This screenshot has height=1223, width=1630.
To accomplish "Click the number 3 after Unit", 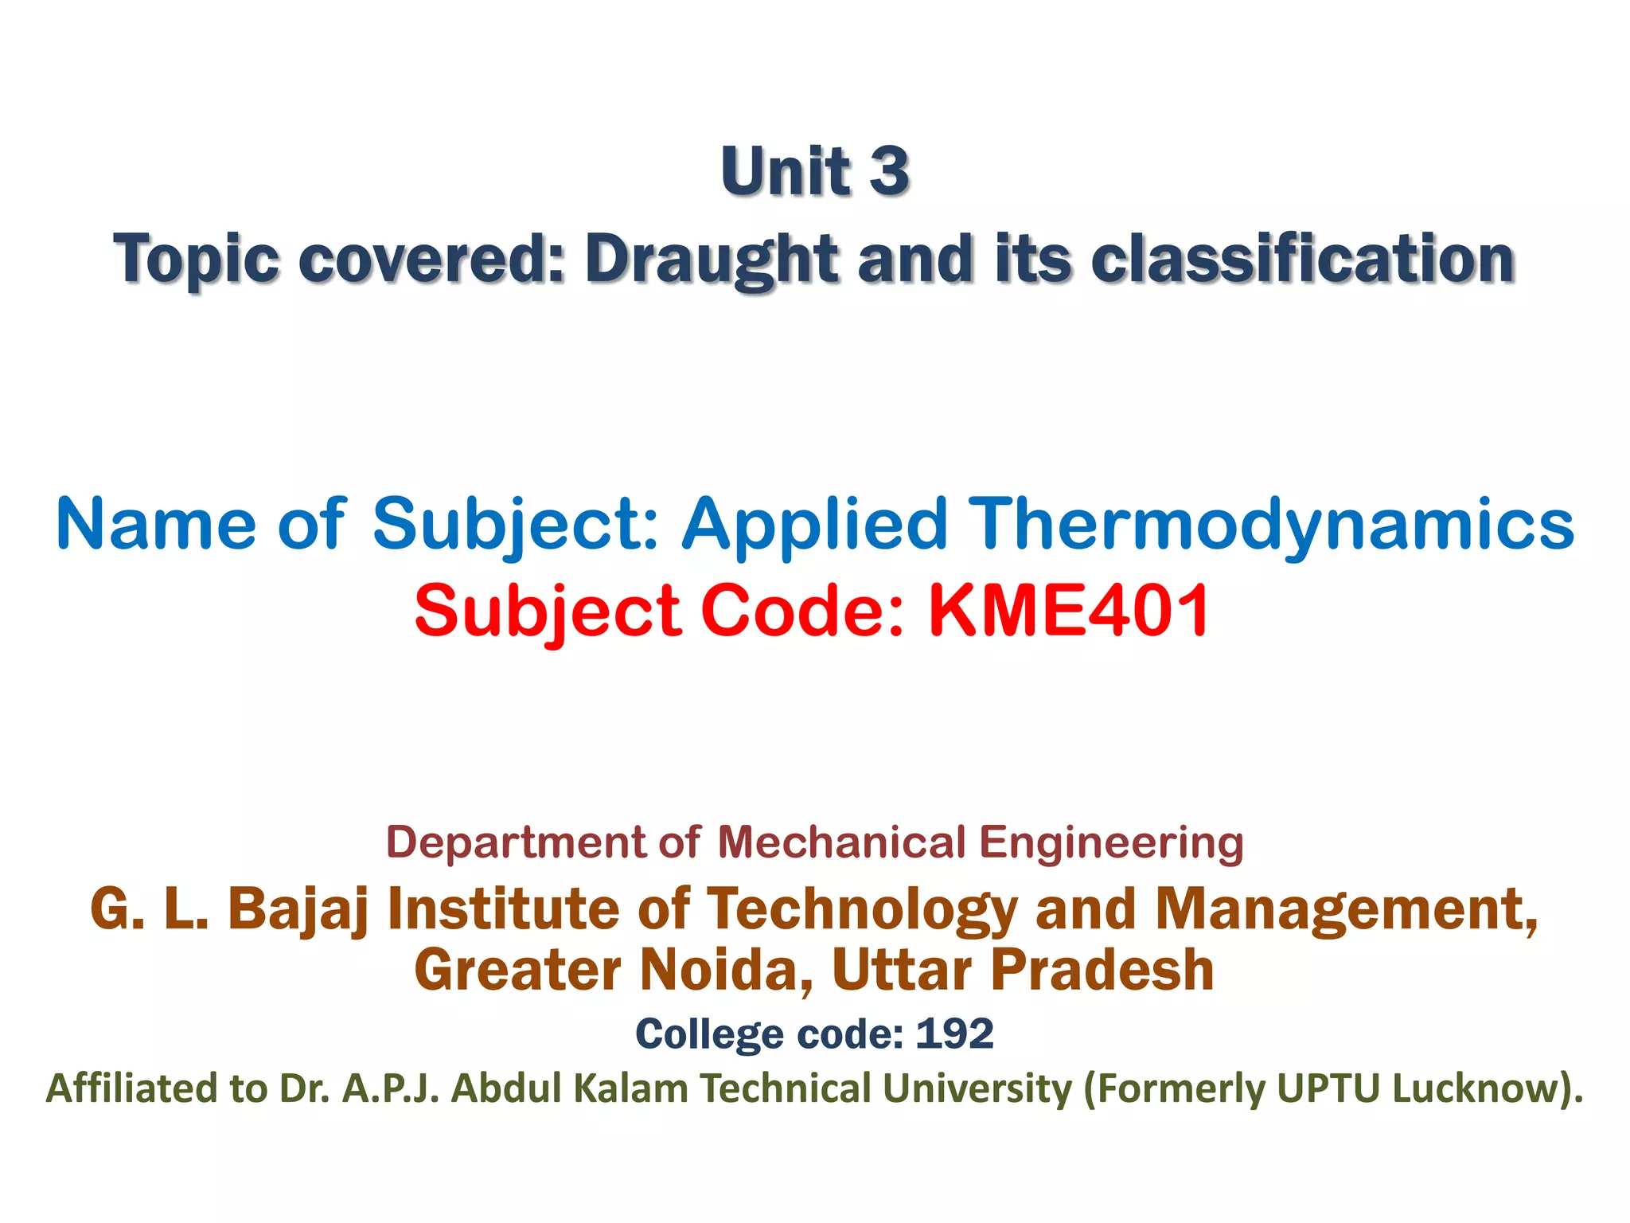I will pos(888,171).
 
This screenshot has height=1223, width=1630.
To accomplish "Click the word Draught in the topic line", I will pos(712,260).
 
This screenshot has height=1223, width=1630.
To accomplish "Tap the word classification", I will pos(1302,260).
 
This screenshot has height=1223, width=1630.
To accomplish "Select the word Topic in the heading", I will pos(196,260).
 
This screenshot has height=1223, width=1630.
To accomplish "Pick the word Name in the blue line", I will pos(156,524).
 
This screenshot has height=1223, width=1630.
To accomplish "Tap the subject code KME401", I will pos(1069,611).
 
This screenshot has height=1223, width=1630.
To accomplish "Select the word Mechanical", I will pos(841,842).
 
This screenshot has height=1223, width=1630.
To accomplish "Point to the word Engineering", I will pos(1111,842).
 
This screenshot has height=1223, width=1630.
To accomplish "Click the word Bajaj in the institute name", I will pos(298,908).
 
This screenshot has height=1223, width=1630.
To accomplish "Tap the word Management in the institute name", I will pos(1345,908).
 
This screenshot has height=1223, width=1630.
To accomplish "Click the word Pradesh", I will pos(1102,970).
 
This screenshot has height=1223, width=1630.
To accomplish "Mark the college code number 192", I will pos(954,1034).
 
